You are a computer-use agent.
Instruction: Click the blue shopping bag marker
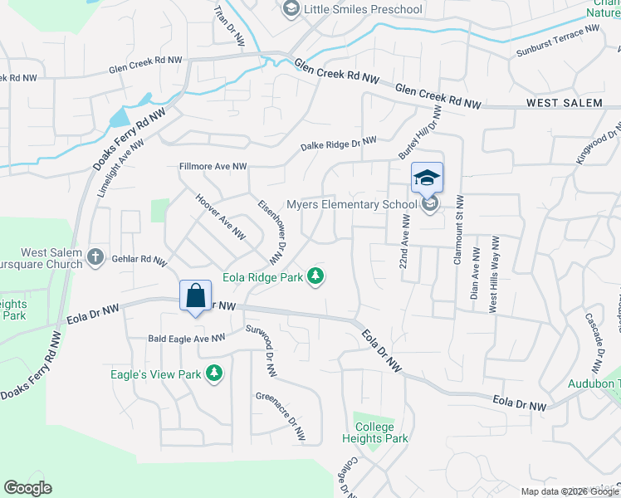[x=195, y=296]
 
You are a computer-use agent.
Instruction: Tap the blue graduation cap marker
[x=427, y=178]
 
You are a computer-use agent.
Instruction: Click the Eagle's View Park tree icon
[x=214, y=373]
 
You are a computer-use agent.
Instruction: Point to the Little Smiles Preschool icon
[x=290, y=9]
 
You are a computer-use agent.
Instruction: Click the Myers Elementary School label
[x=351, y=204]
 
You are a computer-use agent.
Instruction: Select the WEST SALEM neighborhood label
[x=564, y=103]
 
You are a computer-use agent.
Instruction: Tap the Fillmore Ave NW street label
[x=213, y=167]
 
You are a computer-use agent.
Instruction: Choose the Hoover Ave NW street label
[x=219, y=216]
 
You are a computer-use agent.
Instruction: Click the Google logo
[x=27, y=488]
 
